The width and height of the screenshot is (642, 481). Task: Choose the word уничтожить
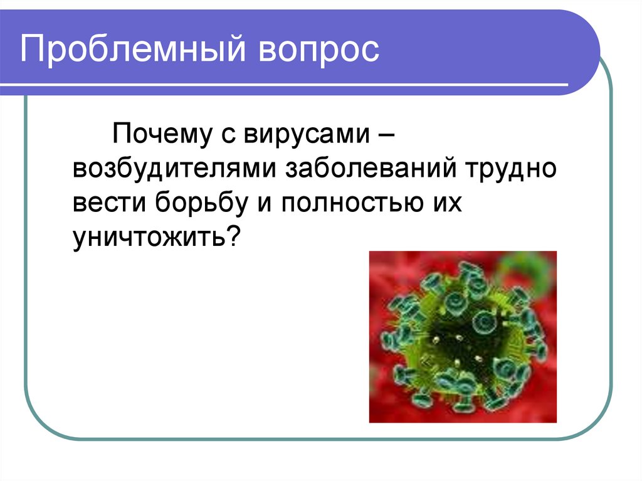coord(148,240)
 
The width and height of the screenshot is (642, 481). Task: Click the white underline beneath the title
coord(295,84)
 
